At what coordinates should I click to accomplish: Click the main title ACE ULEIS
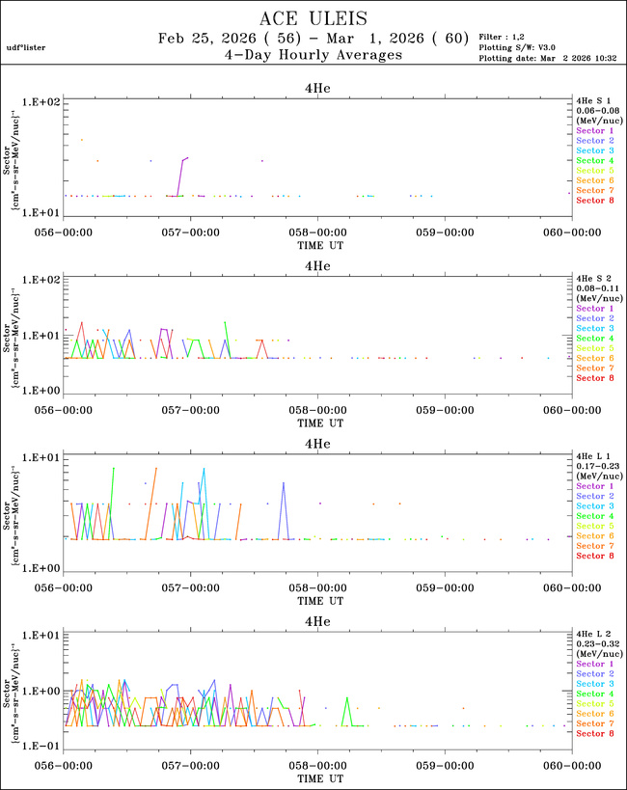313,19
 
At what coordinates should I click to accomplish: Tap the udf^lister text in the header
26,47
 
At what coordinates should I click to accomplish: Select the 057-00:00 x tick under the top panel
190,232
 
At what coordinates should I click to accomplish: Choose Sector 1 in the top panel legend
595,130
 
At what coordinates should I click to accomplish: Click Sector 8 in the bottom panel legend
595,734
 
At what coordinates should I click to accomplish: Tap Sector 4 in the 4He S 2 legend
595,339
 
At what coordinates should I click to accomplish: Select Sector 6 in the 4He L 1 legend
595,536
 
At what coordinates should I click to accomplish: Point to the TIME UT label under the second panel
317,422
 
